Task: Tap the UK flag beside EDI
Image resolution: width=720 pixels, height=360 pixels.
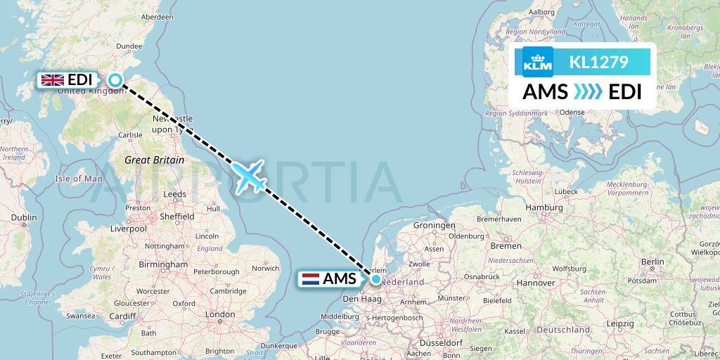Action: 53,80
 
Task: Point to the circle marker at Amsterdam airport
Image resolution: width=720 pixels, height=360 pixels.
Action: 376,279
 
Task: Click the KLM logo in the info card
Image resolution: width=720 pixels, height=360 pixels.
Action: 538,62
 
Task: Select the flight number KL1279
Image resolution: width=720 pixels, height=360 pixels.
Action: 598,62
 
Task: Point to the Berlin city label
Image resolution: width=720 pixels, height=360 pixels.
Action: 652,262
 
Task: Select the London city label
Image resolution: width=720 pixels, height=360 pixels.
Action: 220,314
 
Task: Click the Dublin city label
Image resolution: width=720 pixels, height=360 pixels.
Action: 24,218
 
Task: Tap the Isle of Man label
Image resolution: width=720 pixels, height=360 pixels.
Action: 79,179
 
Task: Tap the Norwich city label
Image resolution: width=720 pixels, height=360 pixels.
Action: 266,268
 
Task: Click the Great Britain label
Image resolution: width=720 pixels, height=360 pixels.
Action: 155,160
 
